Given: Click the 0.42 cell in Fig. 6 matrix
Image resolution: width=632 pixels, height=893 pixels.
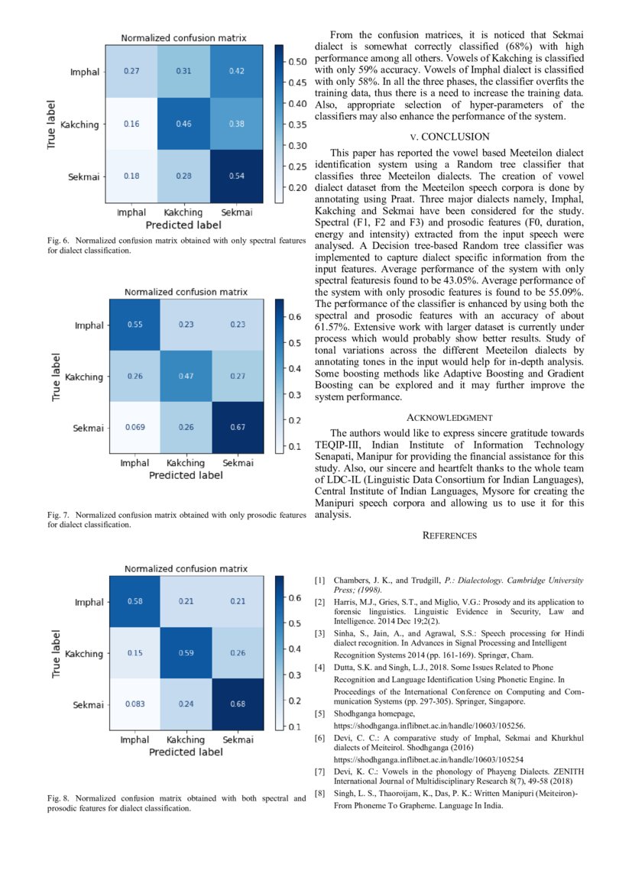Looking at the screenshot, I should click(x=237, y=71).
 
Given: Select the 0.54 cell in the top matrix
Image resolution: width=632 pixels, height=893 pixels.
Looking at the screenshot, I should click(x=237, y=176).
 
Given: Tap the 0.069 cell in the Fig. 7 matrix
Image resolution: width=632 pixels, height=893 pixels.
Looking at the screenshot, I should click(x=135, y=428).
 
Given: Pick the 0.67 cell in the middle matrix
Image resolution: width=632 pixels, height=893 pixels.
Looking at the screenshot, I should click(x=238, y=428).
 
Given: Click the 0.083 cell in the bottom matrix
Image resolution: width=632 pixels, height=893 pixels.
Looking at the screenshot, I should click(x=135, y=705).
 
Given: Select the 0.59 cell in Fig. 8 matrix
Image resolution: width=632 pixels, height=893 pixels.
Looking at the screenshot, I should click(x=186, y=653).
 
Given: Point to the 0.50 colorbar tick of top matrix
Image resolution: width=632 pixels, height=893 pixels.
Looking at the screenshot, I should click(x=297, y=60).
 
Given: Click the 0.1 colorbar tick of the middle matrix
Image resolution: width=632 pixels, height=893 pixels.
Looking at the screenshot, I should click(x=293, y=446).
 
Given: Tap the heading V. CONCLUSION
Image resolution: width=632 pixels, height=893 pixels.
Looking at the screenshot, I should click(x=449, y=137).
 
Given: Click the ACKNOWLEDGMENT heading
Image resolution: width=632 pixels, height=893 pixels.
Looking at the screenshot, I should click(x=449, y=418).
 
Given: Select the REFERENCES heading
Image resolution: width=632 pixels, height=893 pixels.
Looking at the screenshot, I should click(x=449, y=536).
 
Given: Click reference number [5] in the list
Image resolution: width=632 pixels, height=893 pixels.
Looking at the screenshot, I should click(x=320, y=714).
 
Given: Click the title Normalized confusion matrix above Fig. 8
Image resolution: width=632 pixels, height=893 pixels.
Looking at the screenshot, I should click(x=186, y=569).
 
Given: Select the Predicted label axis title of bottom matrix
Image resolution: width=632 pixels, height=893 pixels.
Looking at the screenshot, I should click(x=186, y=752).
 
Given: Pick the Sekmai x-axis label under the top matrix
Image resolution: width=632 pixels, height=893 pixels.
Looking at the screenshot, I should click(x=237, y=212).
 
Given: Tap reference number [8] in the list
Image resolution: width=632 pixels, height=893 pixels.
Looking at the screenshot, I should click(x=320, y=794).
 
